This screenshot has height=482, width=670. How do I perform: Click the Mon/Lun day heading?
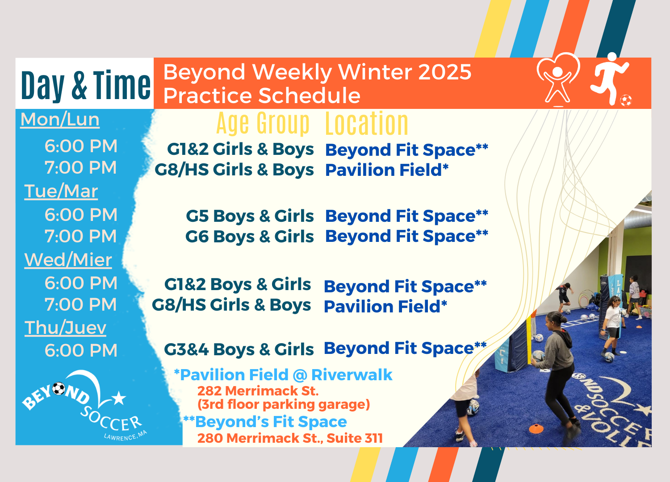60,120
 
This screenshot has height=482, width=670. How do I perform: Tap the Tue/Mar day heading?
61,191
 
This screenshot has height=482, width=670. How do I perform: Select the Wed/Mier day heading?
68,260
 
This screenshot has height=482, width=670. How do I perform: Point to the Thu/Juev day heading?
65,328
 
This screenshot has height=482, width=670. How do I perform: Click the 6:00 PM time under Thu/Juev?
81,350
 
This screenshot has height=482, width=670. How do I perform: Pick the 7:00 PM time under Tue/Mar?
81,237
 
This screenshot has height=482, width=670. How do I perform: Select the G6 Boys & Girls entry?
249,237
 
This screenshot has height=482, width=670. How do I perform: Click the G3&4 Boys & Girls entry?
239,349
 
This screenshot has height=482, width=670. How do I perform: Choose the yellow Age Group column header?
263,123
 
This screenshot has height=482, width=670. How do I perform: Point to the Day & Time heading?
86,85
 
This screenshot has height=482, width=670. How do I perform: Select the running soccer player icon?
611,79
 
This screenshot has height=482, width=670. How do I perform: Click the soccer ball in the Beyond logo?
59,388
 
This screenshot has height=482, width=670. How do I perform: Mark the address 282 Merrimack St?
258,391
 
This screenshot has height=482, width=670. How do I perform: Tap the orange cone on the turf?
536,428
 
